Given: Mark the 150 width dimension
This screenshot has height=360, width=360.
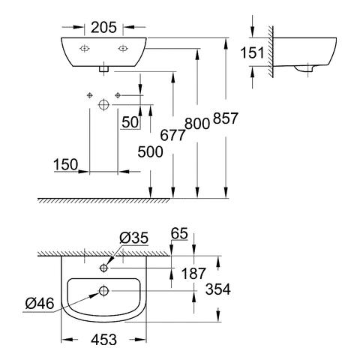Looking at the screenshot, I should (65, 163).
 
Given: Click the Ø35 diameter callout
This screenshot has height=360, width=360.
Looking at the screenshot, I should (134, 238).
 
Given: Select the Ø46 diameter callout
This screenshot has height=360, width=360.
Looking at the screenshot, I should (38, 303).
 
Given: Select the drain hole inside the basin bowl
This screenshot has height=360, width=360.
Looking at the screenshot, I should (103, 290).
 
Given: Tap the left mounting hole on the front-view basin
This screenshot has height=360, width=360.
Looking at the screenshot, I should (85, 47).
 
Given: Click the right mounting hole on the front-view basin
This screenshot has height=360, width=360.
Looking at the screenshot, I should (121, 47).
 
